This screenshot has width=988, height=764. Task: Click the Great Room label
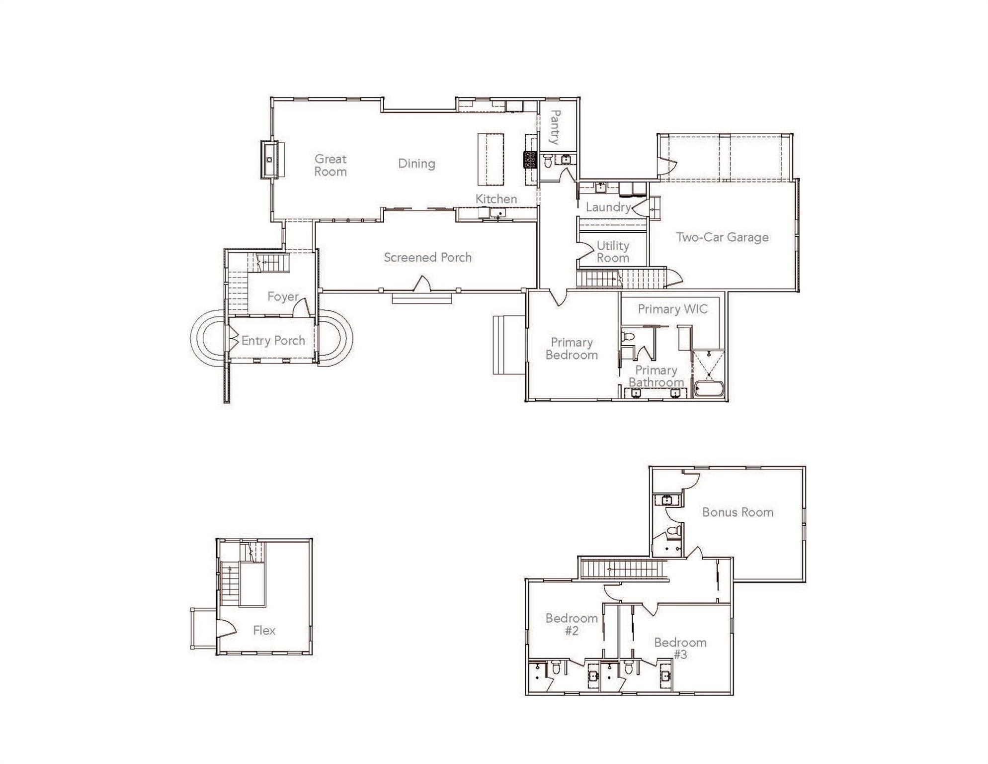pos(330,166)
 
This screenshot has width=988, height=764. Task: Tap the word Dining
pos(416,164)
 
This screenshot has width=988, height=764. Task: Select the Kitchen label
pos(496,199)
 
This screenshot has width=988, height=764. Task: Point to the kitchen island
pos(491,159)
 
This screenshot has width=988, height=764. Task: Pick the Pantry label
pos(556,127)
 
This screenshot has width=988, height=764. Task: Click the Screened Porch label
pos(427,258)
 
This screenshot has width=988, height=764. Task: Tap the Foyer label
pos(283,297)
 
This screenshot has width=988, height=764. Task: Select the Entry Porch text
pos(273,341)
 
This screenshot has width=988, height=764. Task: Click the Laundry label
pos(608,207)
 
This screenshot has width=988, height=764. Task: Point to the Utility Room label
pos(613,252)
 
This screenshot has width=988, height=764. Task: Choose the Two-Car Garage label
pos(722,237)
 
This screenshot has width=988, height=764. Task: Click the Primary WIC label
pos(672,309)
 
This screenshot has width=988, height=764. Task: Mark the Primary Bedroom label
pos(572,349)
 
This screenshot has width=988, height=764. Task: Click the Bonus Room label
pos(738,512)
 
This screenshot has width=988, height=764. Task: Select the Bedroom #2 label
pos(572,625)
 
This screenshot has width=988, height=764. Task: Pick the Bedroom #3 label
pos(680,649)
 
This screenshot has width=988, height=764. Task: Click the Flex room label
pos(264,631)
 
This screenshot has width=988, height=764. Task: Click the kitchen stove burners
pos(530,160)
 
